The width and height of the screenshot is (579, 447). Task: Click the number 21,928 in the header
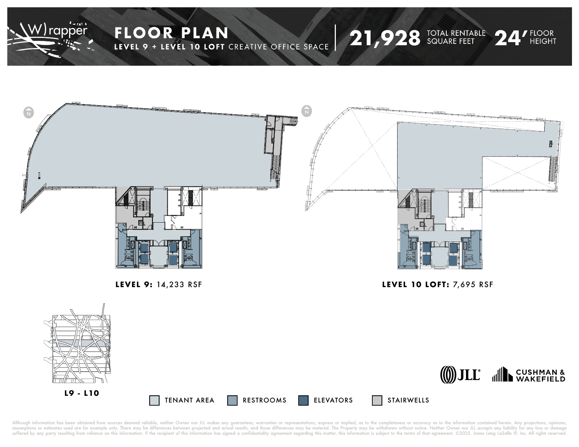385,38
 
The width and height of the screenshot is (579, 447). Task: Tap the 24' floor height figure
511,38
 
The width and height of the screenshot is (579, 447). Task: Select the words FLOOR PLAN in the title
172,33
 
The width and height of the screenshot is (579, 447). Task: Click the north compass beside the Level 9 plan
29,113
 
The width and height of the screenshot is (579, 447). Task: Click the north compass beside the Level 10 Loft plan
307,111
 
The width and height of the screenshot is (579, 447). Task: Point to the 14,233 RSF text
179,284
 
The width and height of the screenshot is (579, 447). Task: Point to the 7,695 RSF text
473,284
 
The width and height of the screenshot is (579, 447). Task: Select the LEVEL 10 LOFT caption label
416,284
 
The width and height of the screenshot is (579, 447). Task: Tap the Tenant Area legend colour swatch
154,400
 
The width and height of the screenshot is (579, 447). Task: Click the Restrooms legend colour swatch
232,400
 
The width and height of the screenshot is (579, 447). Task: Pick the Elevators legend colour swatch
303,400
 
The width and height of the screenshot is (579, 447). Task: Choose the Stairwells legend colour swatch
377,400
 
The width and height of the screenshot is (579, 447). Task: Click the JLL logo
460,375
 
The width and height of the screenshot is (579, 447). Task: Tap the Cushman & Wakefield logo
528,375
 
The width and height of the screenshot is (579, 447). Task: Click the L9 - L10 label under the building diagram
82,393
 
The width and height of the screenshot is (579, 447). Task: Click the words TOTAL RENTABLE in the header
456,33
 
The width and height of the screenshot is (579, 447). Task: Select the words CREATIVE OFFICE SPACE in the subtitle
279,47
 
